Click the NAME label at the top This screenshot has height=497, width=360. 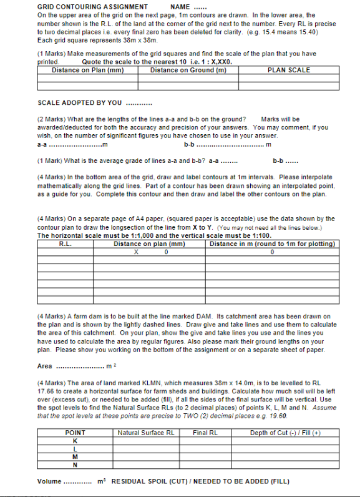tap(179, 6)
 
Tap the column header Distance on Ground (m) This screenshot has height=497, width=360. tap(188, 70)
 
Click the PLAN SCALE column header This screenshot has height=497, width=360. tap(288, 70)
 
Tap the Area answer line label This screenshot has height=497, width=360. tap(45, 366)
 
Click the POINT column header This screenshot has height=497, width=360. tap(75, 433)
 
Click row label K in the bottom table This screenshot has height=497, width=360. tap(75, 441)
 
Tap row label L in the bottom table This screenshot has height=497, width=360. tap(75, 448)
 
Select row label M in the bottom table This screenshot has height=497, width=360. tap(75, 456)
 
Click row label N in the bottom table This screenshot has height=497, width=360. tap(75, 465)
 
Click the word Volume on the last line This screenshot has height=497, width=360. tap(49, 482)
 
